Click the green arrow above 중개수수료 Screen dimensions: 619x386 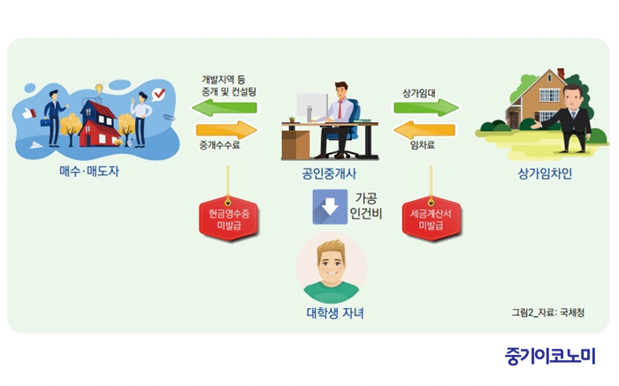coord(225,107)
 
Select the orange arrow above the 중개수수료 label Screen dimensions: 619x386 coord(226,129)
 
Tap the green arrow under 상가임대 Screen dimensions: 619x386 coord(426,107)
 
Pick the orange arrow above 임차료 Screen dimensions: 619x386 coord(424,129)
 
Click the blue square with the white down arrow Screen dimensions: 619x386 coord(330,206)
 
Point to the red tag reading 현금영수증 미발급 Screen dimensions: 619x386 coord(229,219)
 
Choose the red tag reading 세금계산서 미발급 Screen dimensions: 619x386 coord(432,219)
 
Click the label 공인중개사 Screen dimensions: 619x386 coord(329,174)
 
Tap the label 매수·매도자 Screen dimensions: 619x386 coord(88,171)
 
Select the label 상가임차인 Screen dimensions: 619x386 coord(545,174)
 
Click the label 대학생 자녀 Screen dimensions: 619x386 coord(335,313)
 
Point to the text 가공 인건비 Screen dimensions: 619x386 coord(366,206)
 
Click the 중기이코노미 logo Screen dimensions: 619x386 coord(550,357)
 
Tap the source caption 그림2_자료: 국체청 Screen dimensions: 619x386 coord(548,313)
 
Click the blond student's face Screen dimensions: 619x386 coord(332,263)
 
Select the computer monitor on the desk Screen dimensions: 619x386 coord(312,107)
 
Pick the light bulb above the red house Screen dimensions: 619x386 coord(99,87)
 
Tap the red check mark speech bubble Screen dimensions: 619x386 coord(158,95)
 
